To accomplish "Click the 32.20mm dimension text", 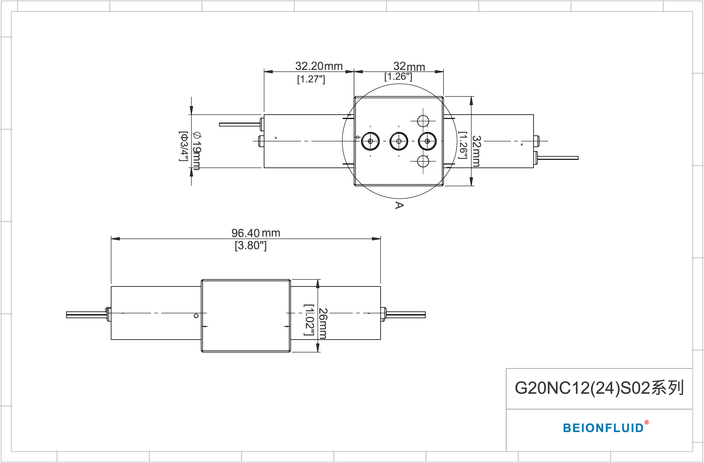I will click(x=319, y=66).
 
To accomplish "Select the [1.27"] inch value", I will click(x=311, y=79).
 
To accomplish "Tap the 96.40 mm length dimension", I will click(x=256, y=233).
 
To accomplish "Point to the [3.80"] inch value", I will click(x=250, y=245).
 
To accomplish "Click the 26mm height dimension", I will click(x=323, y=323).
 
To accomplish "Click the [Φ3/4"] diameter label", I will click(x=183, y=146).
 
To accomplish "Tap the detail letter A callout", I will click(x=399, y=205).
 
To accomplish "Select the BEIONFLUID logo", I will click(x=603, y=428).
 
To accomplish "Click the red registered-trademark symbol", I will click(x=647, y=422).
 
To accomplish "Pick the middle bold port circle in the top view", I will click(x=399, y=141).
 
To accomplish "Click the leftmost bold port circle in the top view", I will click(x=370, y=141).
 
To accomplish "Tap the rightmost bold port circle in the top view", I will click(x=427, y=141).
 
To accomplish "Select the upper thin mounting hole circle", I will click(x=423, y=121).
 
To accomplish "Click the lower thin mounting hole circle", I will click(x=423, y=161).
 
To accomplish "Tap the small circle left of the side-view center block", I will click(x=196, y=316).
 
